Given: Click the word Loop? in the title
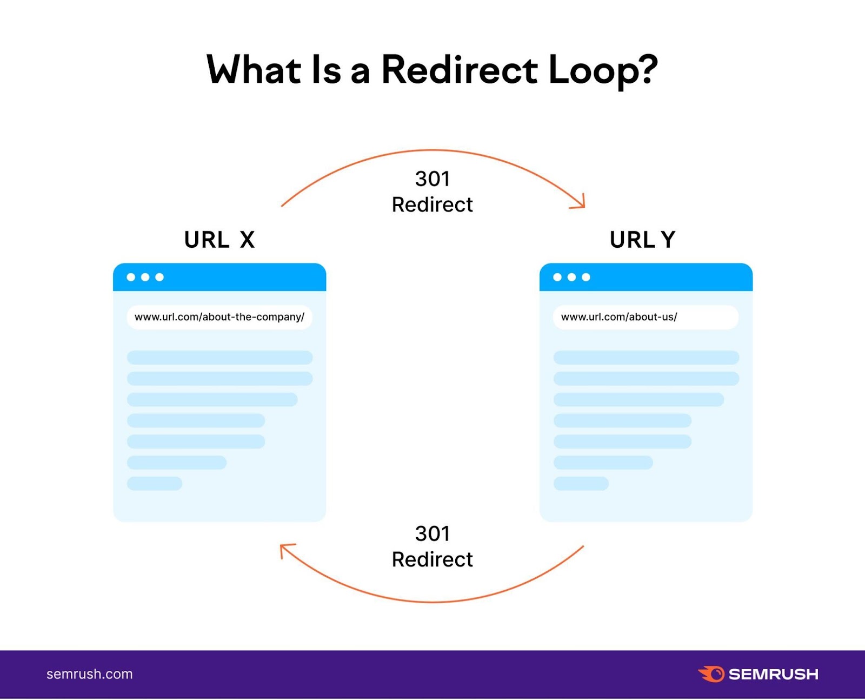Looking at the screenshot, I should click(x=602, y=70).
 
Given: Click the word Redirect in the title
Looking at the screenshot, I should click(x=460, y=70).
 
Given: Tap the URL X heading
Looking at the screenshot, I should click(x=219, y=240).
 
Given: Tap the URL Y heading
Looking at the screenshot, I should click(x=642, y=240).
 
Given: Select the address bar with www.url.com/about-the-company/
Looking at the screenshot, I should click(x=219, y=317).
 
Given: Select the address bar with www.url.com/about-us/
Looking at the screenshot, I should click(x=646, y=317).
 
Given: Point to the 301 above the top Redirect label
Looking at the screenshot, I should click(x=432, y=179).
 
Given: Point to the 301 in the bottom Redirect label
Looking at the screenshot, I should click(x=432, y=534).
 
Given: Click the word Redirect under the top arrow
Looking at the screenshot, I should click(x=432, y=205).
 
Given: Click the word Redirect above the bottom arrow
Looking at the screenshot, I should click(x=432, y=559).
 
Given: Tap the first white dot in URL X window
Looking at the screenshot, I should click(x=131, y=277).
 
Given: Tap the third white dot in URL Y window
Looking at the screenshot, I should click(x=586, y=277).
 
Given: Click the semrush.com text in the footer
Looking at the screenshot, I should click(x=90, y=674).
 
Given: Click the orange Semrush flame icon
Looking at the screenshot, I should click(x=711, y=674).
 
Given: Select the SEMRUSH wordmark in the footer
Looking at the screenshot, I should click(x=773, y=674).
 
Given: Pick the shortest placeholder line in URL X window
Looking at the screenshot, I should click(x=155, y=483).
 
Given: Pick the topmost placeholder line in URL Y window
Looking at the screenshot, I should click(x=646, y=358).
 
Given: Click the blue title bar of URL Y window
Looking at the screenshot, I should click(x=670, y=277).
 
